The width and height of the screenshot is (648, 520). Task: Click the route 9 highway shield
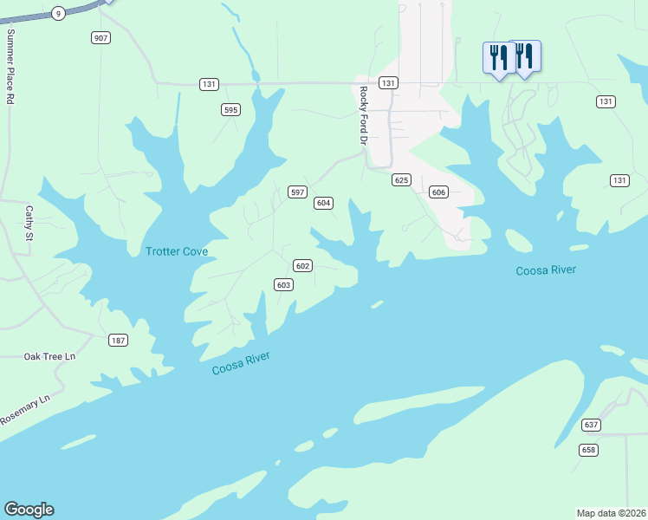point(58,12)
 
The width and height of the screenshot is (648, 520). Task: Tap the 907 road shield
point(101,37)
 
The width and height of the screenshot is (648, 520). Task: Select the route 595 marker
point(230,109)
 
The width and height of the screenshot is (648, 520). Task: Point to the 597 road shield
point(297,192)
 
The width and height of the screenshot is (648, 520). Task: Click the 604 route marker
point(323,203)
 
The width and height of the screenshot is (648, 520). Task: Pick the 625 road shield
point(400,179)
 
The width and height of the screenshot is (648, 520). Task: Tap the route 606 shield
point(438,192)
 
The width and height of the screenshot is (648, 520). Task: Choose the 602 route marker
point(302,265)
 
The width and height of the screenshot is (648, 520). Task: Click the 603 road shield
point(283,284)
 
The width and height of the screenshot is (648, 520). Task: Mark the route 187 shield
point(118,340)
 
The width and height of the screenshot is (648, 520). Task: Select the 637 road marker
point(591,425)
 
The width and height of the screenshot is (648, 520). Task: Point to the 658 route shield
point(589,449)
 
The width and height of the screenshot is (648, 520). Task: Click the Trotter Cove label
point(177,251)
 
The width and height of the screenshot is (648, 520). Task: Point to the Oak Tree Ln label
point(49,356)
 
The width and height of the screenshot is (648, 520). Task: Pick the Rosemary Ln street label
point(26,409)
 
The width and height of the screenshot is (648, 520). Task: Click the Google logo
point(29,510)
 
